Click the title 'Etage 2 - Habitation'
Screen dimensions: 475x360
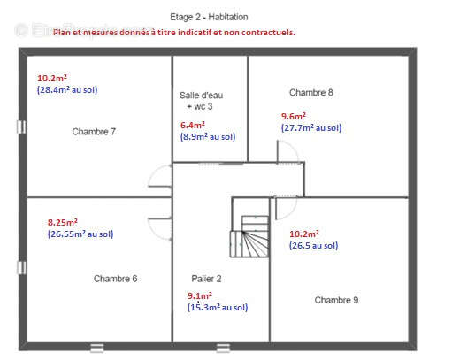click(x=209, y=17)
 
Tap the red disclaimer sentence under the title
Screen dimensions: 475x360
click(x=174, y=32)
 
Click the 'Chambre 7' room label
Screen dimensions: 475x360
click(x=94, y=132)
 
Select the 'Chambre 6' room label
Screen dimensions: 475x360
click(x=115, y=279)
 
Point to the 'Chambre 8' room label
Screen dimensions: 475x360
click(x=311, y=92)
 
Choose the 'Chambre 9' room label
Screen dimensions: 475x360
click(x=336, y=300)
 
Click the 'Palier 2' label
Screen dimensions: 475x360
click(x=206, y=279)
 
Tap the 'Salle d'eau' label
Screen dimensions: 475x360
click(x=201, y=96)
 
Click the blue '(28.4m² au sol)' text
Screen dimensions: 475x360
click(x=67, y=90)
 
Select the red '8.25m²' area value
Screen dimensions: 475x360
click(x=63, y=222)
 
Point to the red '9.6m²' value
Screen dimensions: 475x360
click(x=294, y=117)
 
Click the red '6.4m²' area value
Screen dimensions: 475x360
click(x=193, y=125)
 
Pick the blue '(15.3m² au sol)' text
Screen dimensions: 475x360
click(x=218, y=308)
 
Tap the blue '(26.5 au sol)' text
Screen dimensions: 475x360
click(x=313, y=246)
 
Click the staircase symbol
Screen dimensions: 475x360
click(x=249, y=237)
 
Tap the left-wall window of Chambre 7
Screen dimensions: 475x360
click(x=21, y=127)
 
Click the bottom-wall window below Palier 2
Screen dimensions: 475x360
click(x=223, y=348)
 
